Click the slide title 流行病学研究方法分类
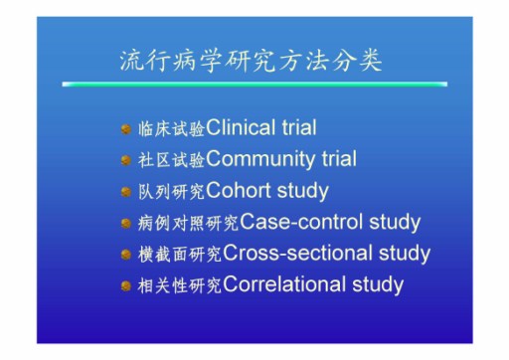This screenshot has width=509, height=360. pyautogui.click(x=251, y=62)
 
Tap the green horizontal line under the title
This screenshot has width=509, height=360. pyautogui.click(x=254, y=85)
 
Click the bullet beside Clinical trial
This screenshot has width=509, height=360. pyautogui.click(x=126, y=129)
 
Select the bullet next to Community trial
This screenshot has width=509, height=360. pyautogui.click(x=126, y=160)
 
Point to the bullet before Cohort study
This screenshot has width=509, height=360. pyautogui.click(x=126, y=192)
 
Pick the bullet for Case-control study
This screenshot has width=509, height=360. pyautogui.click(x=126, y=223)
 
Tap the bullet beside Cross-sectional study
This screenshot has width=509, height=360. pyautogui.click(x=126, y=255)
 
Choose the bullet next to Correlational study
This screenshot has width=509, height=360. pyautogui.click(x=126, y=285)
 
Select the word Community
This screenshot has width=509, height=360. pyautogui.click(x=260, y=159)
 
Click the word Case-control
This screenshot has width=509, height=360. pyautogui.click(x=301, y=222)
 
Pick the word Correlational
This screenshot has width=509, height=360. pyautogui.click(x=283, y=284)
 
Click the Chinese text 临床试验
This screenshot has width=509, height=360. pyautogui.click(x=171, y=129)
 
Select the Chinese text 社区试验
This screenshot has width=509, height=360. pyautogui.click(x=171, y=160)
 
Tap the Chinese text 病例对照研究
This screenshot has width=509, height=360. pyautogui.click(x=188, y=223)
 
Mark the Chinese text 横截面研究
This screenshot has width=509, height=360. pyautogui.click(x=180, y=255)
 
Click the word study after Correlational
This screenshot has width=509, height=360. pyautogui.click(x=378, y=285)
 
